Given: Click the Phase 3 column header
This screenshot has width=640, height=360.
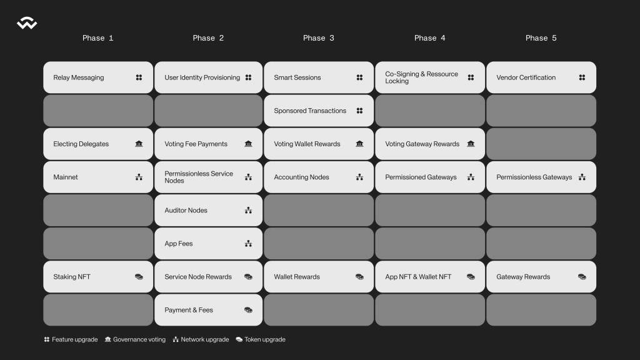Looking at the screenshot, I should [319, 38].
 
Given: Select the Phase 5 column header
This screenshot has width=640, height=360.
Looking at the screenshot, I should [541, 38].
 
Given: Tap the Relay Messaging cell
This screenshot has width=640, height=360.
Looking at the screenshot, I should [98, 77].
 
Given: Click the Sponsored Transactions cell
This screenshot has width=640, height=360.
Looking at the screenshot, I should [319, 111].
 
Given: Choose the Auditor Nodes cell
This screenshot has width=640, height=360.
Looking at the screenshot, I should [208, 211].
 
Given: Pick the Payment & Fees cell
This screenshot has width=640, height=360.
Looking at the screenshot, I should [208, 310].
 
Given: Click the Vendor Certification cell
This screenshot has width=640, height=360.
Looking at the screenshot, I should [541, 77].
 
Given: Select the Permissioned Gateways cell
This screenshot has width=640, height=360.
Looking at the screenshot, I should [430, 177].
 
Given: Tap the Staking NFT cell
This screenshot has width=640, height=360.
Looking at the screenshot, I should [98, 277].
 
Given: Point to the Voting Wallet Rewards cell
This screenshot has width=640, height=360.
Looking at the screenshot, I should [319, 144].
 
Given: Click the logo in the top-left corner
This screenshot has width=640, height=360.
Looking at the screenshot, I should [27, 24].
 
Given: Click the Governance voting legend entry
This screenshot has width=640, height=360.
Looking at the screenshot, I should [135, 339].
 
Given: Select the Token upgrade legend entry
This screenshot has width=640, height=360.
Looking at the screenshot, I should [261, 339].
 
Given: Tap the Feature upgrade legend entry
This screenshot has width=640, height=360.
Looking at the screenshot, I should [71, 339].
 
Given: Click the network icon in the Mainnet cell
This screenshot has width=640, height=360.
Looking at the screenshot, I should [139, 177].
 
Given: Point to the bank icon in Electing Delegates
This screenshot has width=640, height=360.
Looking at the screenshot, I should [139, 144].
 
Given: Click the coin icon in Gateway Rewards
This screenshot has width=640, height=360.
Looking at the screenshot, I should [582, 277].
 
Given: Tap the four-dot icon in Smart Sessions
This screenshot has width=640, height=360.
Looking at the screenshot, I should [359, 77].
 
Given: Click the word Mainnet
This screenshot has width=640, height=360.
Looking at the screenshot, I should [66, 177].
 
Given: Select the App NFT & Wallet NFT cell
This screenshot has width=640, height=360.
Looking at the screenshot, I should [430, 277].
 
